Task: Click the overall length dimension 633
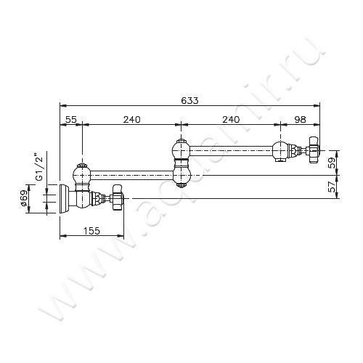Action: (189, 100)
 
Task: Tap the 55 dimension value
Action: (71, 119)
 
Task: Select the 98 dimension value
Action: (300, 119)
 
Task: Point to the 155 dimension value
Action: (91, 231)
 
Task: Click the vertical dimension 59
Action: (332, 163)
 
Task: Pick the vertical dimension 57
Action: (332, 187)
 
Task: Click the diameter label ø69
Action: (25, 198)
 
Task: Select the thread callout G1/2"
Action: (39, 166)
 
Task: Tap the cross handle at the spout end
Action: (314, 150)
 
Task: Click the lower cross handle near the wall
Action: (118, 198)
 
